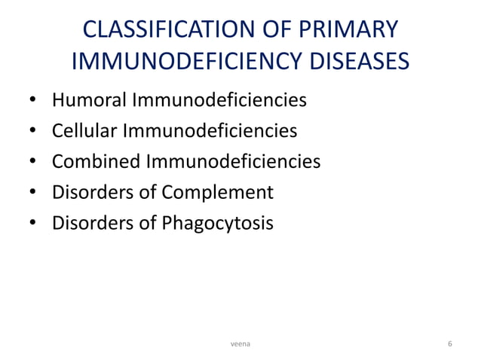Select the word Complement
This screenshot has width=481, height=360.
(225, 193)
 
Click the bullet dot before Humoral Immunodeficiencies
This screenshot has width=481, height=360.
(33, 101)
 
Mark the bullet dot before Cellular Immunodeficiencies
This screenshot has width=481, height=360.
(33, 132)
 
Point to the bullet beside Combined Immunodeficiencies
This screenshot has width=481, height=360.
(33, 163)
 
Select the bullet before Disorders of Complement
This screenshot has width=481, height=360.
(33, 194)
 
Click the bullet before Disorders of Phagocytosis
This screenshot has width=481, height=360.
(33, 224)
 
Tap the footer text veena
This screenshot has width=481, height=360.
(241, 343)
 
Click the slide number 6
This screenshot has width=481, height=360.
(449, 343)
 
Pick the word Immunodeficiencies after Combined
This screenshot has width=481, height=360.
(234, 162)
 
